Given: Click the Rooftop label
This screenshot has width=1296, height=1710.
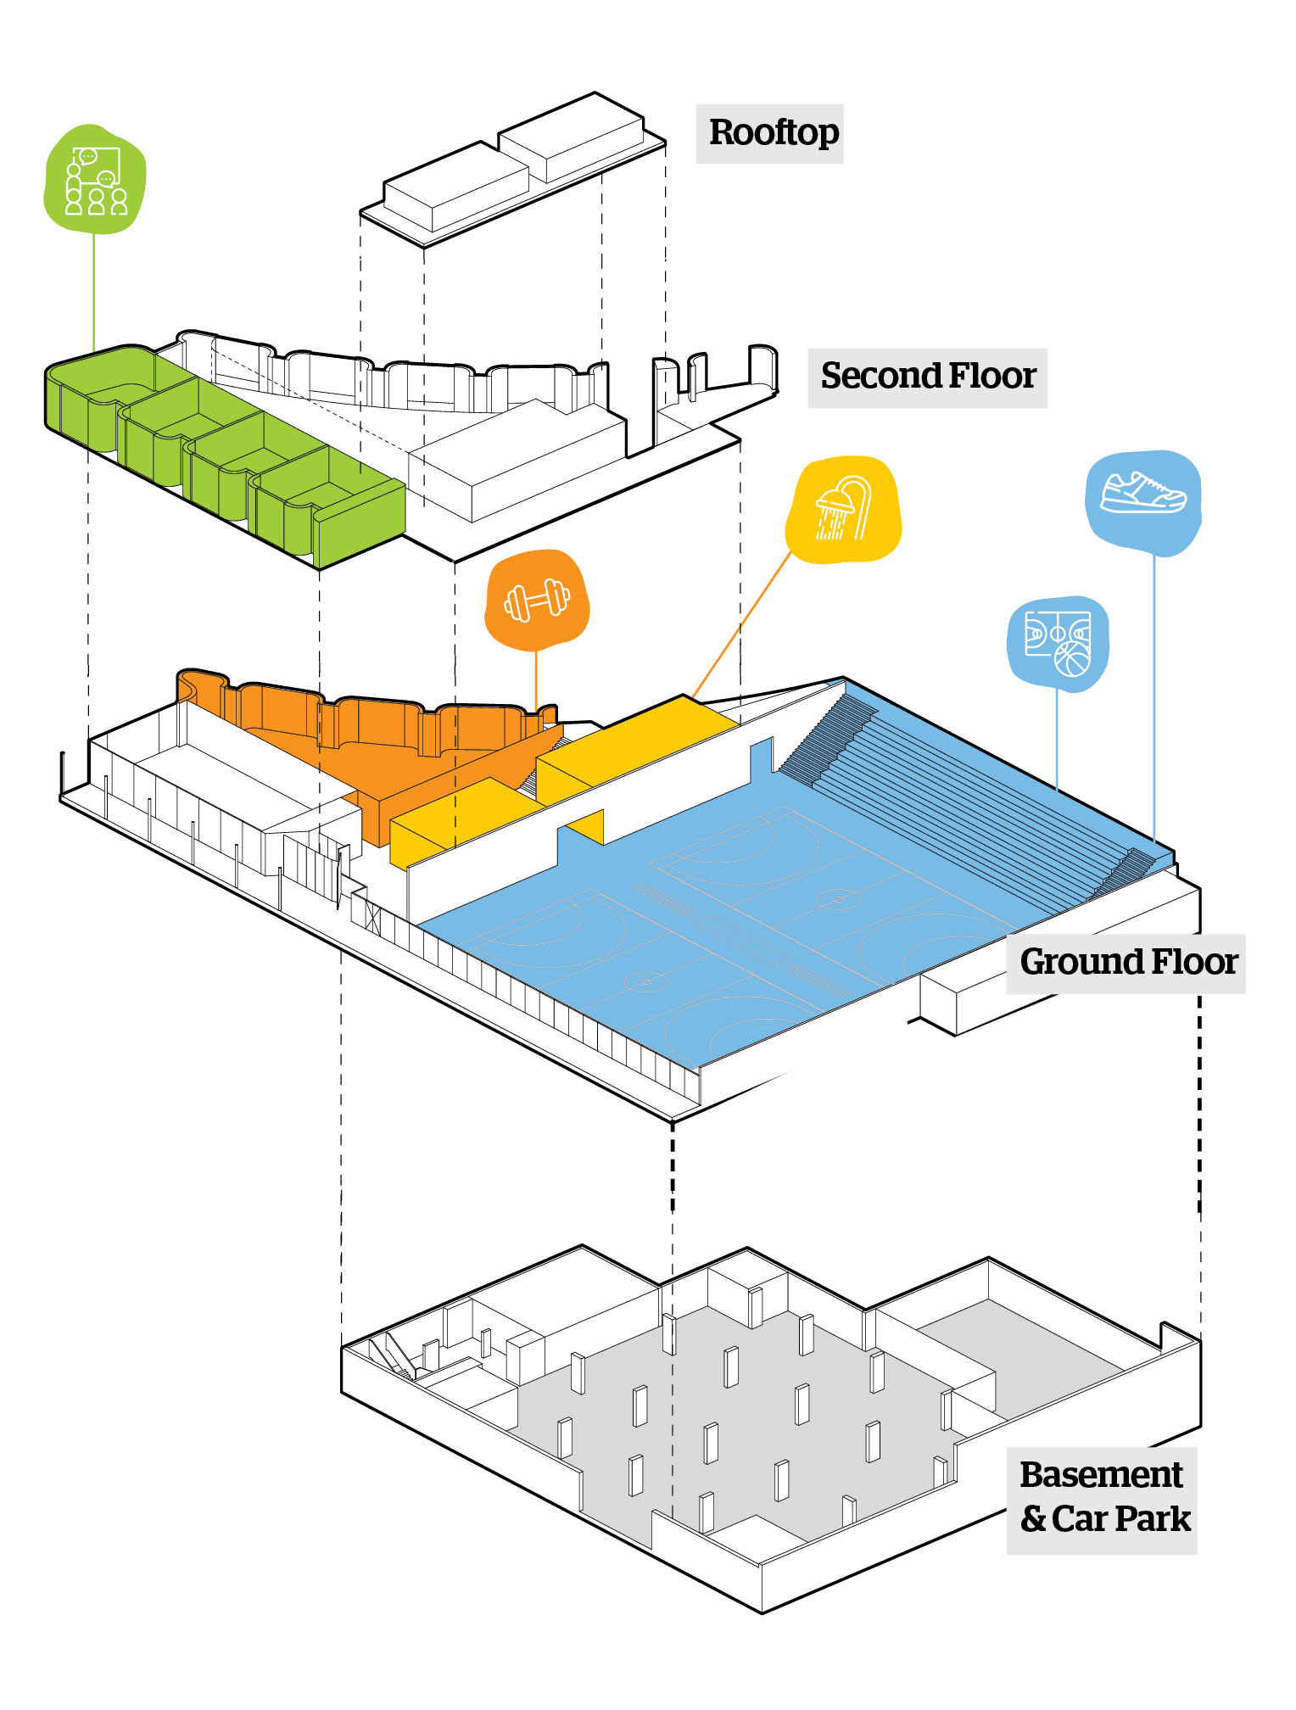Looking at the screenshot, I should (x=773, y=133).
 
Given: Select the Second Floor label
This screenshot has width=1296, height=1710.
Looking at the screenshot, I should (x=927, y=377).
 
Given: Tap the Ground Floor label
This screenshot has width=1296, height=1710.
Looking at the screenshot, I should (x=1128, y=963).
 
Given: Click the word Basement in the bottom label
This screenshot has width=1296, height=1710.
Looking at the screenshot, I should (x=1100, y=1476).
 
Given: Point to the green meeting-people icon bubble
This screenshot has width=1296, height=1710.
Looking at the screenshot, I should (x=94, y=179).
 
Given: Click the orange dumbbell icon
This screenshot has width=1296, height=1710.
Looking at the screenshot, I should (x=536, y=600).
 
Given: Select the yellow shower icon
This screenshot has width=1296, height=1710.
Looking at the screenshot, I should (x=843, y=509).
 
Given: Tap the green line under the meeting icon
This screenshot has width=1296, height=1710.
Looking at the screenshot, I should (x=94, y=288).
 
